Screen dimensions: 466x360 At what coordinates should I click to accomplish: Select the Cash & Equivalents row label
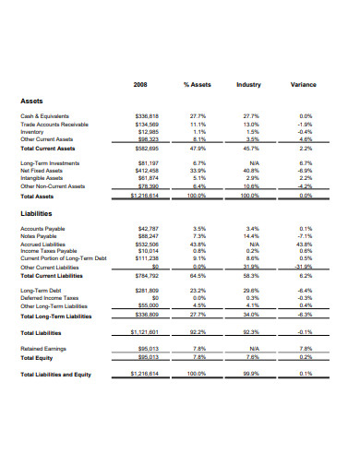(x=45, y=115)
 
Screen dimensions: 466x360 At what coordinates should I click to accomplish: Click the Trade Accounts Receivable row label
(x=55, y=124)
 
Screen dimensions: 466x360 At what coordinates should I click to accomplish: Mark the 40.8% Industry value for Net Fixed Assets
(x=248, y=171)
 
